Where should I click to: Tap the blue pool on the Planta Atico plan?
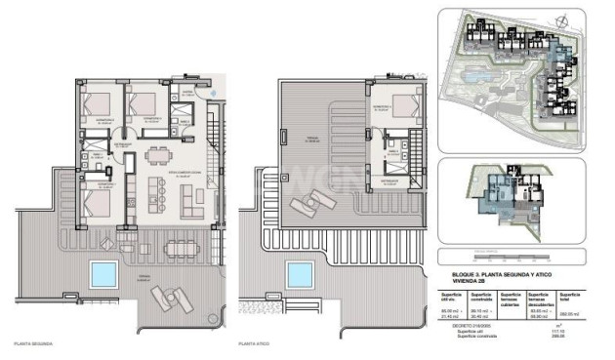point(299,273)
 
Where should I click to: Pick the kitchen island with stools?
point(153,194)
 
